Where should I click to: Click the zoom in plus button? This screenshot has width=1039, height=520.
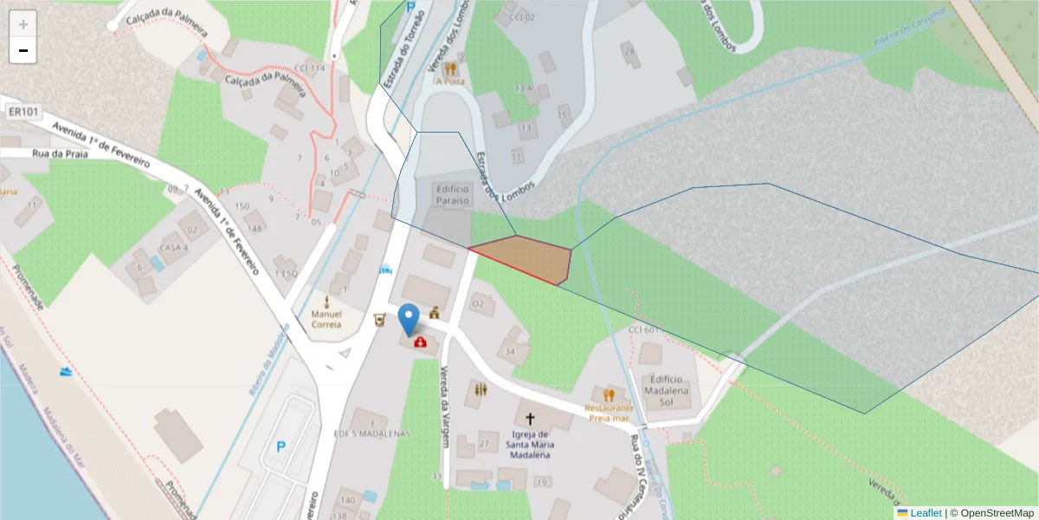(23, 23)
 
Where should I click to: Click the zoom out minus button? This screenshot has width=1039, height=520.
(23, 50)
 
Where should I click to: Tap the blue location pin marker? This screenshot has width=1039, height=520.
(408, 320)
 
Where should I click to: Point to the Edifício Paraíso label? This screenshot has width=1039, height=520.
(453, 195)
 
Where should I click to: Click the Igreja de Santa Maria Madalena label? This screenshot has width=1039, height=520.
(530, 445)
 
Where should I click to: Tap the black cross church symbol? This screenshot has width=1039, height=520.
(530, 418)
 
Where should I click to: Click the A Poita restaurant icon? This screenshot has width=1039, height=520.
(450, 68)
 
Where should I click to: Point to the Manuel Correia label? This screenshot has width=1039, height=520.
(326, 319)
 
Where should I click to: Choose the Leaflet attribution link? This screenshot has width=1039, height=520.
(926, 513)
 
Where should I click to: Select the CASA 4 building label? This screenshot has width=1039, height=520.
(174, 247)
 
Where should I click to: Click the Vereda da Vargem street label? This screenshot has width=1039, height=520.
(445, 405)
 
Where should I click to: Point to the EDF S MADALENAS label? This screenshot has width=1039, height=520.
(371, 433)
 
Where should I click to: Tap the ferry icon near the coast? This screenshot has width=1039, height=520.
(66, 372)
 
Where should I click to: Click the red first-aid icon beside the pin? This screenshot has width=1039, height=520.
(421, 342)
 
